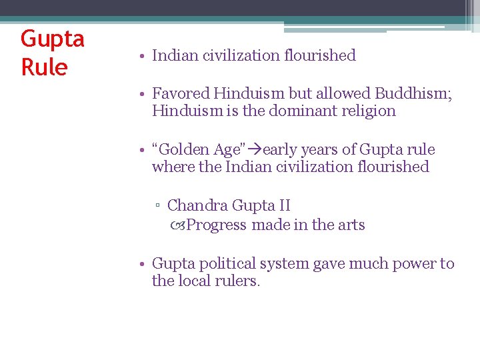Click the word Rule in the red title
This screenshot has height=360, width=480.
click(x=44, y=67)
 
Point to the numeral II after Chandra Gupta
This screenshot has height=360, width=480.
click(x=283, y=206)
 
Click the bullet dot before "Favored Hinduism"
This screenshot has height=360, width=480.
click(x=143, y=95)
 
